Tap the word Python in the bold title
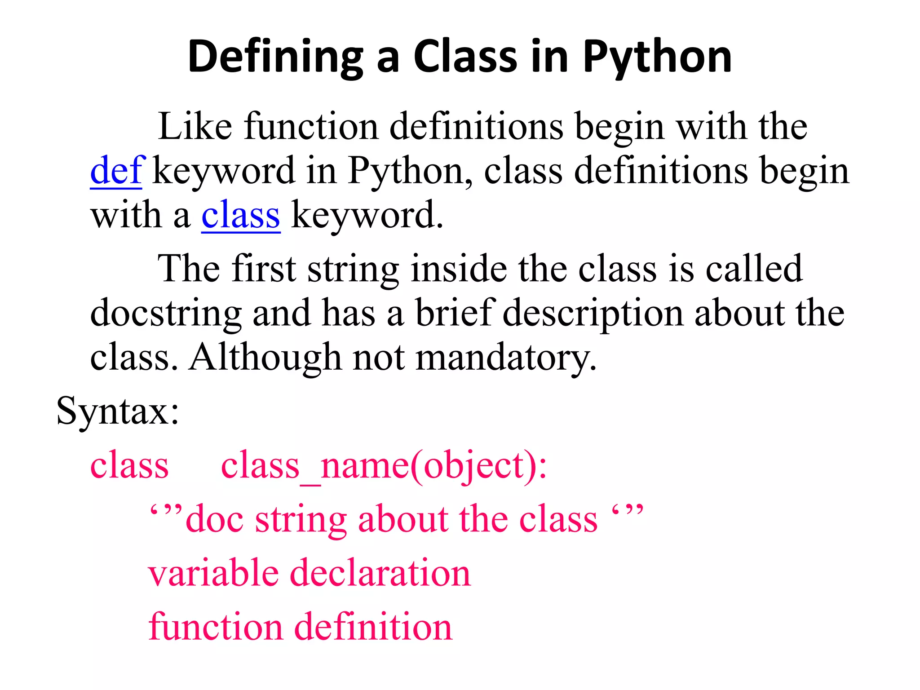(x=657, y=57)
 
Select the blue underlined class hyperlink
(x=241, y=215)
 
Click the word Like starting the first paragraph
(x=195, y=126)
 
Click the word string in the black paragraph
(x=353, y=269)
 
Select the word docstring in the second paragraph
(x=166, y=313)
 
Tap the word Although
(x=265, y=358)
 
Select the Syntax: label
(x=118, y=411)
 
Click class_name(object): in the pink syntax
(x=384, y=466)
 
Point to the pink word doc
(x=215, y=519)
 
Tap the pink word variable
(x=213, y=573)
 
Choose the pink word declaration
(x=380, y=573)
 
